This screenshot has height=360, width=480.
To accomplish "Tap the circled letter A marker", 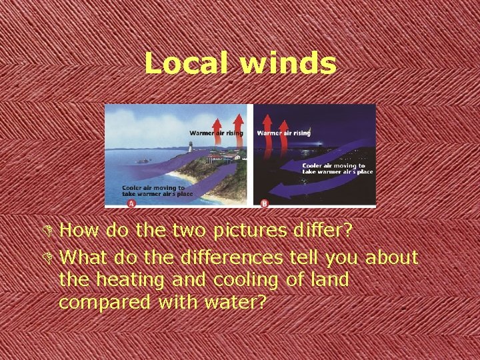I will (x=131, y=203).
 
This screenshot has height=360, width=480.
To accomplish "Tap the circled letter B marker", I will (x=265, y=203).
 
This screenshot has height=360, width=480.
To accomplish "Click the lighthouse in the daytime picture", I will (x=190, y=147).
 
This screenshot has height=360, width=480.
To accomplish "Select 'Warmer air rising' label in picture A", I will (x=216, y=133).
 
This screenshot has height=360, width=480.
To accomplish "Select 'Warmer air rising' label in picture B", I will (x=284, y=133).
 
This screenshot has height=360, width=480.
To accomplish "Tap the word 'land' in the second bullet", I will (x=329, y=279).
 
